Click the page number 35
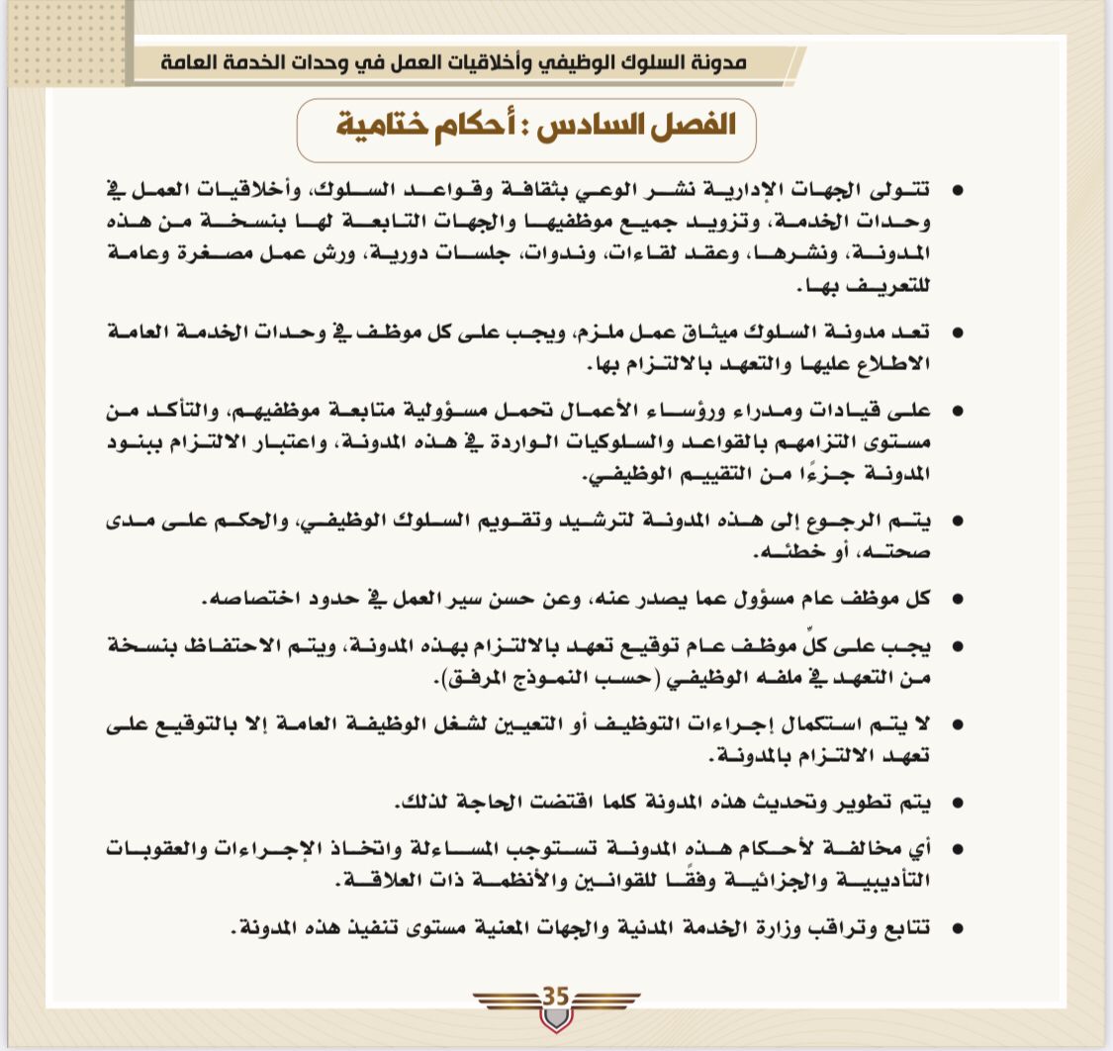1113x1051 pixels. coord(556,996)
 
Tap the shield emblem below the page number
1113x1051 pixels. coord(556,1019)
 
